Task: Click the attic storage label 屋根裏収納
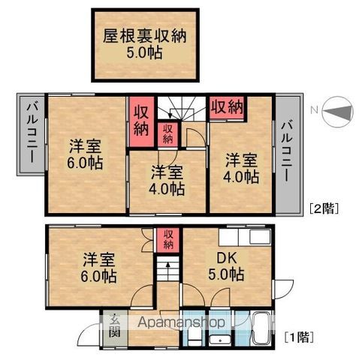[x=145, y=37]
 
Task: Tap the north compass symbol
[x=338, y=112]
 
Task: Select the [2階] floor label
[x=324, y=208]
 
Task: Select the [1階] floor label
[x=299, y=337]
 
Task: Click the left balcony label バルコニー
[x=32, y=133]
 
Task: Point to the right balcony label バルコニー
[x=287, y=151]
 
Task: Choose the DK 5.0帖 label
[x=226, y=267]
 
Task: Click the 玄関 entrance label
[x=115, y=325]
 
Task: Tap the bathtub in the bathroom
[x=261, y=328]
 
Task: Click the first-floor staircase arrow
[x=168, y=268]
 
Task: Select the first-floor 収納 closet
[x=168, y=239]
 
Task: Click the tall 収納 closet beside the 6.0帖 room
[x=141, y=121]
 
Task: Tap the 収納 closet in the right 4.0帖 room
[x=228, y=108]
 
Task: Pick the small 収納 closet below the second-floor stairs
[x=167, y=134]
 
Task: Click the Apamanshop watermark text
[x=181, y=322]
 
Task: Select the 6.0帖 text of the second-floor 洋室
[x=85, y=163]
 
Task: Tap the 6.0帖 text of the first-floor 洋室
[x=98, y=276]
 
